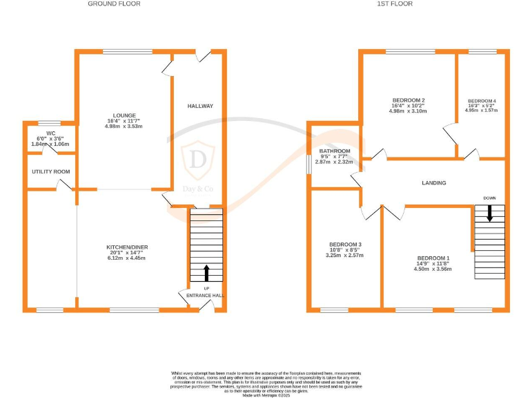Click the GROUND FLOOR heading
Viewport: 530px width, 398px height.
click(114, 3)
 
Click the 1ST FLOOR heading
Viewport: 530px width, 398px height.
click(395, 3)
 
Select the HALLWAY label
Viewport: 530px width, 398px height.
click(200, 106)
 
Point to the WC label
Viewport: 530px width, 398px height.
click(50, 133)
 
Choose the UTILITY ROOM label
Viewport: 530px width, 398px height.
click(50, 171)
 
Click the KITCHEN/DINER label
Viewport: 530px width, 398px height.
click(127, 247)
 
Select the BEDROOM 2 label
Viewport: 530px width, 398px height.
click(409, 99)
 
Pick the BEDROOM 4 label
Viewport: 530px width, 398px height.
click(482, 101)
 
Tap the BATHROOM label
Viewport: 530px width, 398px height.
click(335, 151)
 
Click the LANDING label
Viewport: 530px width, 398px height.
click(434, 183)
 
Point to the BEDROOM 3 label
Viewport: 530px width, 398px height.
click(345, 245)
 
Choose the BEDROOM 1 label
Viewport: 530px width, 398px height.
click(434, 258)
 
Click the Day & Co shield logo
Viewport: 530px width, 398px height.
click(198, 158)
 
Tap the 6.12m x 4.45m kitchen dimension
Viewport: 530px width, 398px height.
click(127, 258)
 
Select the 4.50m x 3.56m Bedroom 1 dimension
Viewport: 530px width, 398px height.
click(434, 269)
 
